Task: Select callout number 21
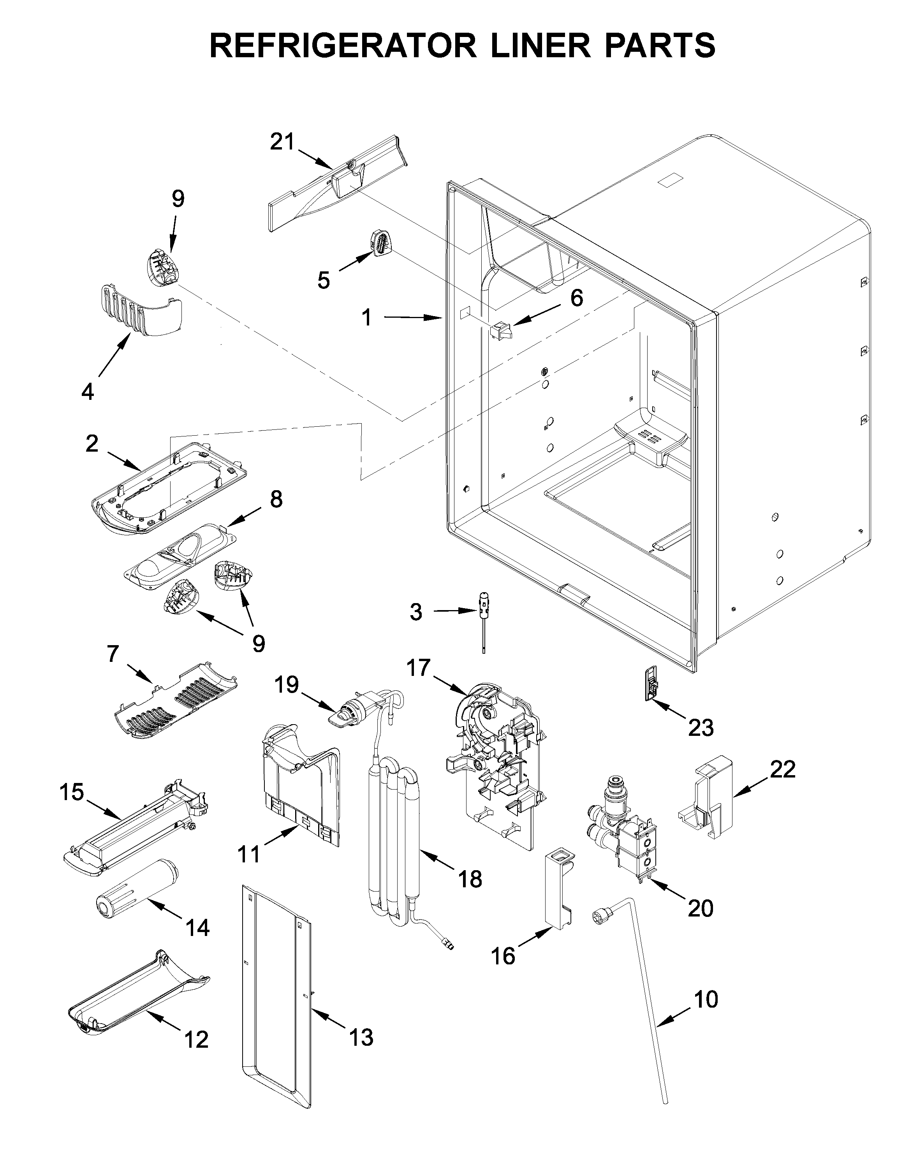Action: pos(282,142)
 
